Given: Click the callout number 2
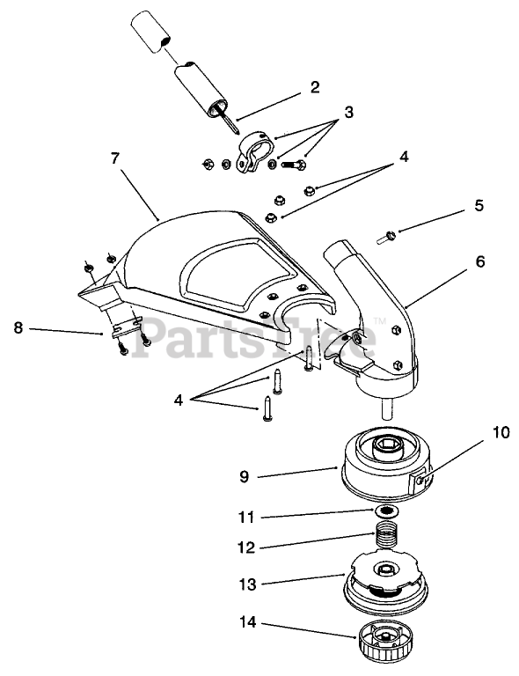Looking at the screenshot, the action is (x=315, y=87).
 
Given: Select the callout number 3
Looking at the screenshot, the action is (x=348, y=112).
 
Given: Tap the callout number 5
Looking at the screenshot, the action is (x=479, y=205).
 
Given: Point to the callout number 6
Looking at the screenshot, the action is (x=479, y=261).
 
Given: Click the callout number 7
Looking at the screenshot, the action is (x=114, y=158).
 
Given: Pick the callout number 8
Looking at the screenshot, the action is (x=18, y=327).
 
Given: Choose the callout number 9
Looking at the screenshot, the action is (x=244, y=476).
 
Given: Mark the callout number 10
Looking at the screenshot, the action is (x=500, y=432).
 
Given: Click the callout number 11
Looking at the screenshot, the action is (x=246, y=517).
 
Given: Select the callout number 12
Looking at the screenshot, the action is (x=246, y=547).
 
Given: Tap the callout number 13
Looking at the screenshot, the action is (x=247, y=584).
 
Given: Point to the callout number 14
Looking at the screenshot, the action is (x=247, y=622).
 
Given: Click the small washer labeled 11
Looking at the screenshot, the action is (x=386, y=511).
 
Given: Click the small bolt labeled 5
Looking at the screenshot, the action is (x=386, y=237).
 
